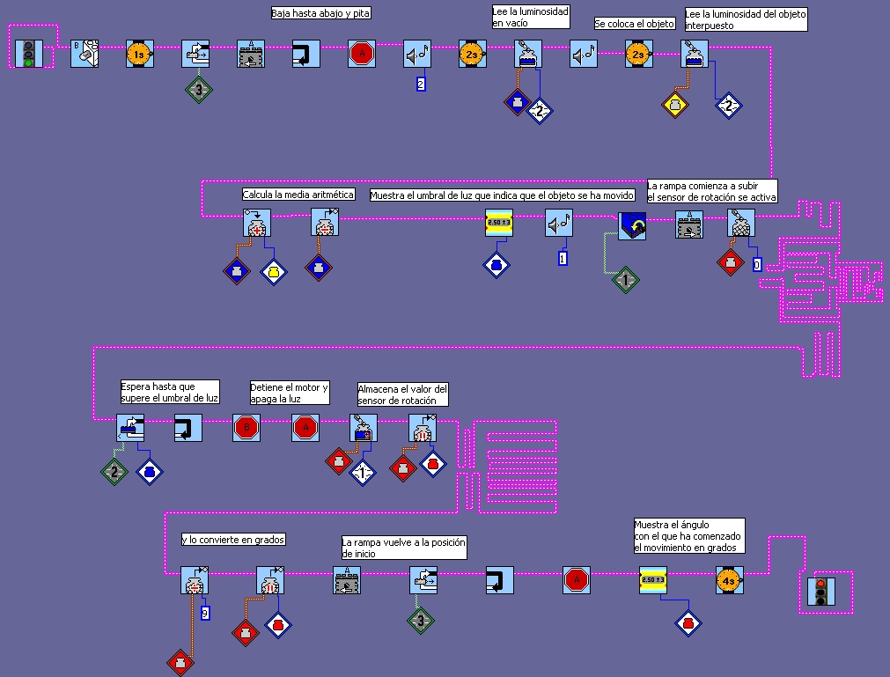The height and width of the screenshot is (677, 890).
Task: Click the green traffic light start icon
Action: coord(29,54)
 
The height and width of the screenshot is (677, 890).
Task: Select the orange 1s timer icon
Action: coord(139,55)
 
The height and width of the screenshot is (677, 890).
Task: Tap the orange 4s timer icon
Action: coord(729,580)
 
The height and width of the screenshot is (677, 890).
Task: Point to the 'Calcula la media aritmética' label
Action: coord(298,195)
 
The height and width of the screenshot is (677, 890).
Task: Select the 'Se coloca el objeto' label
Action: coord(635,24)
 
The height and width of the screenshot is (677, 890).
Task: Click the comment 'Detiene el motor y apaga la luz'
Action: coord(290,393)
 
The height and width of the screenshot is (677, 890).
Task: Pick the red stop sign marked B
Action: coord(246,429)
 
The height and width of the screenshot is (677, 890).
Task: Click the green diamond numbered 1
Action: coord(625,280)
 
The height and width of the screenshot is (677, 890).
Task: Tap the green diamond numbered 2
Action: coord(114,471)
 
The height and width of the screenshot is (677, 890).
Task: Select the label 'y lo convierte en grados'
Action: coord(233,539)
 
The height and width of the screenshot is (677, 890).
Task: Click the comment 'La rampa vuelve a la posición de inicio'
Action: coord(403,547)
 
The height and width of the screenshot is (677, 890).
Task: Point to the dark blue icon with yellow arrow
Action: coord(632,225)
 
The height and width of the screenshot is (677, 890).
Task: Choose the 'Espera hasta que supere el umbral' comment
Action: coord(169,392)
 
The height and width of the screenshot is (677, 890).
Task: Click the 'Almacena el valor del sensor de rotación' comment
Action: coord(403,394)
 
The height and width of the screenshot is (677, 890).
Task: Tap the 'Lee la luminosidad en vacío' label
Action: coord(530,17)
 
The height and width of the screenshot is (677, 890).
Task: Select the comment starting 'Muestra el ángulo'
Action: coord(688,536)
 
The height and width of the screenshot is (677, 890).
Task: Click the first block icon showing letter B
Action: coord(84,54)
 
